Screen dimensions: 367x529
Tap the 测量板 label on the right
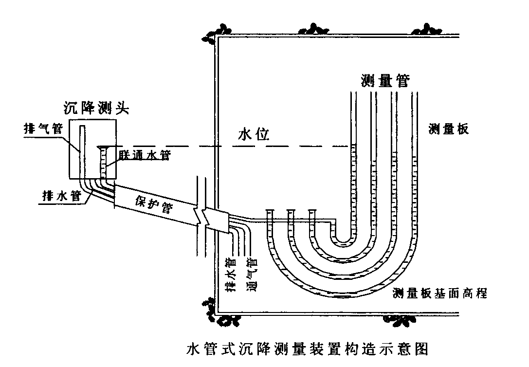[x=448, y=129]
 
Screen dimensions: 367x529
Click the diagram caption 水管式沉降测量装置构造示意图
[x=307, y=349]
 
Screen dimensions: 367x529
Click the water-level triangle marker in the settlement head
[x=103, y=147]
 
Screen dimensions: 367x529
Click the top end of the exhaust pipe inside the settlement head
[x=83, y=127]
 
